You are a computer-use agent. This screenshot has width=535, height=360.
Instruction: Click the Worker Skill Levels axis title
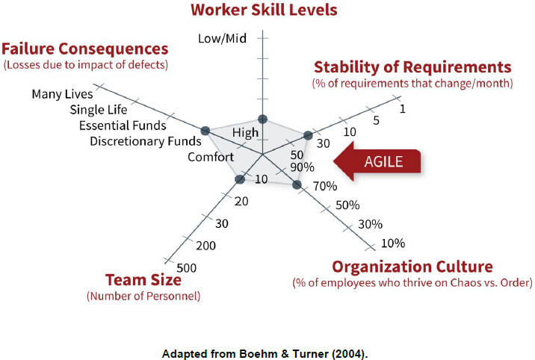(x=263, y=10)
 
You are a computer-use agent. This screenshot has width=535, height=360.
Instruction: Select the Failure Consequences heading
(x=84, y=49)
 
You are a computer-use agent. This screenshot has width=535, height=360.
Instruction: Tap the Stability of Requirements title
(x=412, y=66)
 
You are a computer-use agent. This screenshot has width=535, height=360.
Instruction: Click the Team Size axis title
(x=143, y=280)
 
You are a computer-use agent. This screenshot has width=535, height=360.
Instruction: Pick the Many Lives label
(x=62, y=94)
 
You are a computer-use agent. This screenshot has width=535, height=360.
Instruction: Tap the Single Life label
(x=99, y=110)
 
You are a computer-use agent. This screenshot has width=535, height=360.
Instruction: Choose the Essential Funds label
(x=123, y=125)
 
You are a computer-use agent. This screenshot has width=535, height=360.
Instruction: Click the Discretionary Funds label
(x=145, y=141)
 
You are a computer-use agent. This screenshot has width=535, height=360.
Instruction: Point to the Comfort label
(x=210, y=157)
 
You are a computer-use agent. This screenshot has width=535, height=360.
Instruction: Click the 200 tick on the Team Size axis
(x=205, y=246)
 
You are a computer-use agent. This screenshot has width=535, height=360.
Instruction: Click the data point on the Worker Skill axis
(x=262, y=119)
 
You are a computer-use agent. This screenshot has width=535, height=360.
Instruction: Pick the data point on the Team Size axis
(x=239, y=179)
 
